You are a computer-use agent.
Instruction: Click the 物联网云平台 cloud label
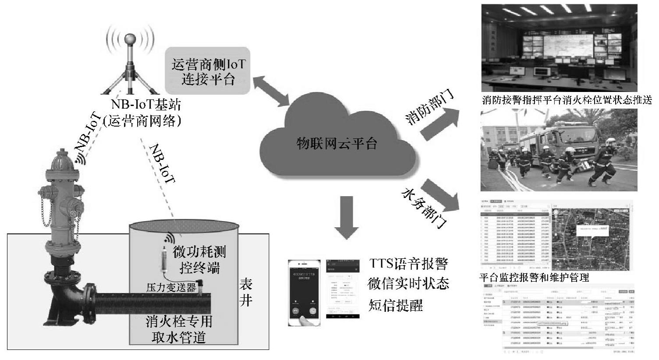(x=337, y=143)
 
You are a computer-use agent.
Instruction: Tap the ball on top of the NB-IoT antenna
(x=130, y=39)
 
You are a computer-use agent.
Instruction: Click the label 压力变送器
(x=171, y=288)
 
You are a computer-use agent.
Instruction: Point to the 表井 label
(x=246, y=293)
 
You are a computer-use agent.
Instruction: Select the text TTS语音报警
(x=408, y=264)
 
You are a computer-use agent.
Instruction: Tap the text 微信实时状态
(x=408, y=284)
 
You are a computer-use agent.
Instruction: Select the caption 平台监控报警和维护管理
(x=534, y=278)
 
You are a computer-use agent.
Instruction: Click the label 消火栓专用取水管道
(x=179, y=329)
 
